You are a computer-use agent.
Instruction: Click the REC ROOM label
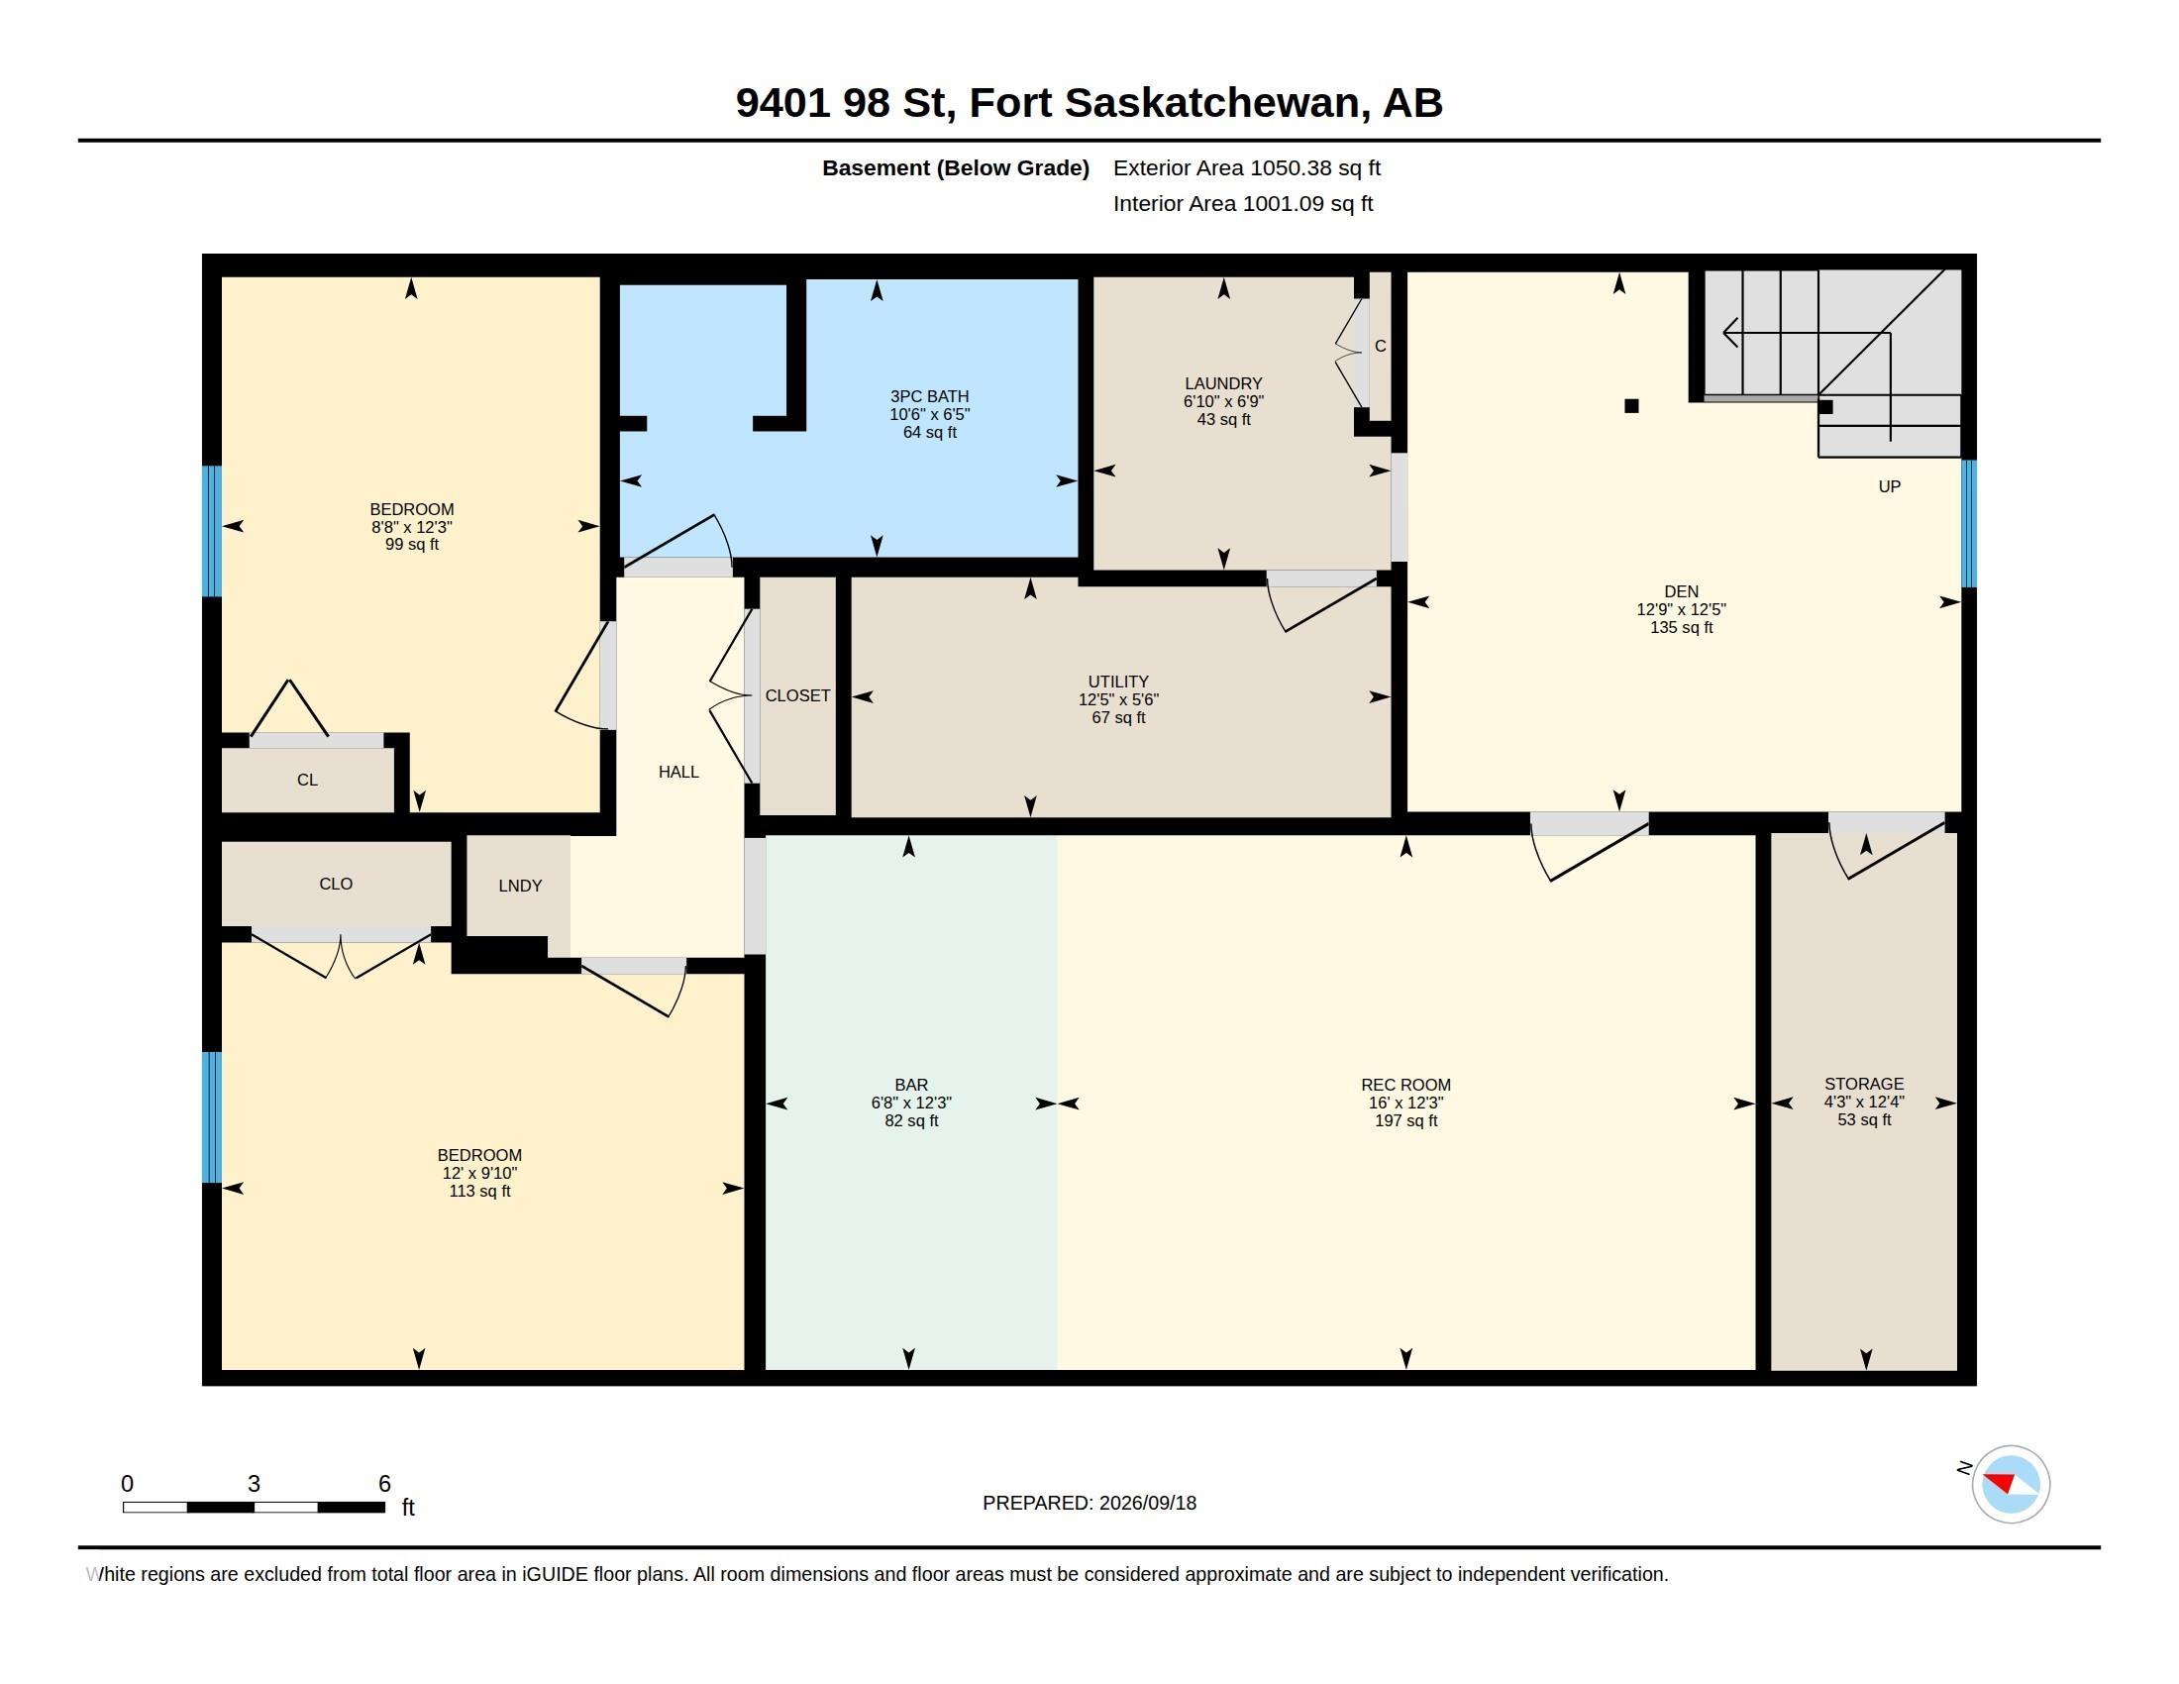point(1405,1085)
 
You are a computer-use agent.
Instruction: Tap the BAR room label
point(911,1085)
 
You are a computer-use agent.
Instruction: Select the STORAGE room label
point(1864,1084)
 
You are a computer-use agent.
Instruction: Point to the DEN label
point(1681,591)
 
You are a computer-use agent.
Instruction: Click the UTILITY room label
point(1118,682)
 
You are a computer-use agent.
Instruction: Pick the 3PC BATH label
point(930,396)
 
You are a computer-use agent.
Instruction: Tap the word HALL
point(678,771)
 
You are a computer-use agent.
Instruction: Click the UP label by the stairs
point(1890,486)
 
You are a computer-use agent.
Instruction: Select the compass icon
point(2011,1484)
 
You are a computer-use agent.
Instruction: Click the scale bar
point(254,1507)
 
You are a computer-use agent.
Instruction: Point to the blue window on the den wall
point(1968,523)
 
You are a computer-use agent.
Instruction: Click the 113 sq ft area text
point(480,1191)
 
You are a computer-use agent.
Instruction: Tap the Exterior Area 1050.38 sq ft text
point(1246,167)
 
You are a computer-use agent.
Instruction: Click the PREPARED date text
point(1089,1503)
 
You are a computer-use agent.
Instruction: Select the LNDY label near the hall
point(520,885)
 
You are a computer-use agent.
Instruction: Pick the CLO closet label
point(336,884)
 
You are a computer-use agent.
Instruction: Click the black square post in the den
point(1631,406)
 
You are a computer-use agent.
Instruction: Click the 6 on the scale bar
point(384,1484)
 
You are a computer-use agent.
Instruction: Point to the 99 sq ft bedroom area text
point(412,545)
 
